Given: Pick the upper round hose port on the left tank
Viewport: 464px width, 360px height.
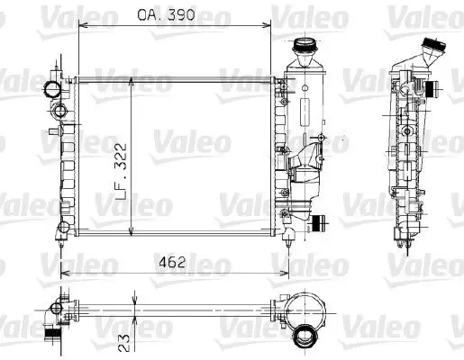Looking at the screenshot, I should [x=52, y=89].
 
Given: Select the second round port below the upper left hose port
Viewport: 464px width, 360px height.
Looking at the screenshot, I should [x=60, y=111].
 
